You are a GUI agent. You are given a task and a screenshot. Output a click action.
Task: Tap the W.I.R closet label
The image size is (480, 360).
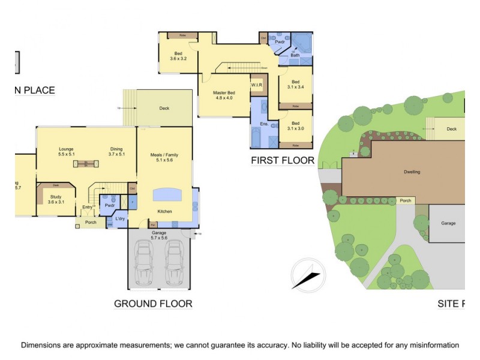(257, 85)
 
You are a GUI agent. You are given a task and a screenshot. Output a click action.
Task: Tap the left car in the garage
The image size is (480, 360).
(143, 262)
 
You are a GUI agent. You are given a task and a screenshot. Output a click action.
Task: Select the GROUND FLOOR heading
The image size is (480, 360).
(153, 304)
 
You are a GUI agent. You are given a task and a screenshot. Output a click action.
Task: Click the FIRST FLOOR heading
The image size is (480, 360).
(283, 160)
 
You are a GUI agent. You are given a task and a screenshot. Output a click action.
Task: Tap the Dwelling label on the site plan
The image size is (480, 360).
(412, 172)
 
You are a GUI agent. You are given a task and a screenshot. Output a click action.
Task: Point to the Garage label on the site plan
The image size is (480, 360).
(448, 223)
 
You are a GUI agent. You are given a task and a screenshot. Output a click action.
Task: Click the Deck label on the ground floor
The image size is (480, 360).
(164, 109)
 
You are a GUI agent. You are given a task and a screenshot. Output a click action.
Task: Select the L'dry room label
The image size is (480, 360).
(119, 218)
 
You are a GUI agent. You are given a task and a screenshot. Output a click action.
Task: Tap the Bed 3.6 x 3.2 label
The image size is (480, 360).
(178, 56)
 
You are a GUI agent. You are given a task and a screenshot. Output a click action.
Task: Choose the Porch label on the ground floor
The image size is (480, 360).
(91, 223)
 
